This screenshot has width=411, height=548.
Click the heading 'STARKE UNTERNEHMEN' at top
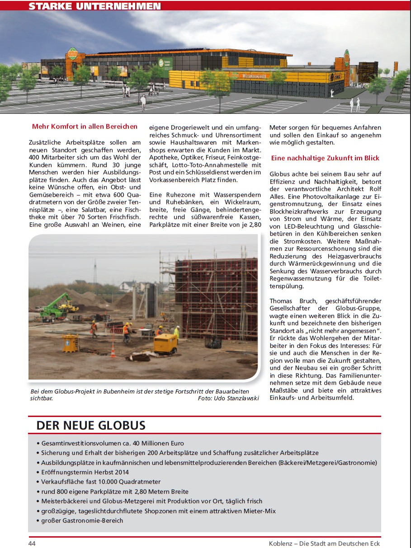[94, 6]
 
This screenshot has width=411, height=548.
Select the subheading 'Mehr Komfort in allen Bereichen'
[85, 126]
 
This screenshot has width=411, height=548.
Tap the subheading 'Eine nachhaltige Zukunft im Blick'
[325, 158]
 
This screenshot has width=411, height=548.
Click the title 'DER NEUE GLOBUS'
[91, 426]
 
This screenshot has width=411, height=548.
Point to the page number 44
[32, 543]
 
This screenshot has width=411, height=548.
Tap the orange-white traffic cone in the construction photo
[113, 351]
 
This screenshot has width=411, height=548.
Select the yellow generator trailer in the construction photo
[165, 343]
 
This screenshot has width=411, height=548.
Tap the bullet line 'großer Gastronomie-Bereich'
[82, 520]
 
